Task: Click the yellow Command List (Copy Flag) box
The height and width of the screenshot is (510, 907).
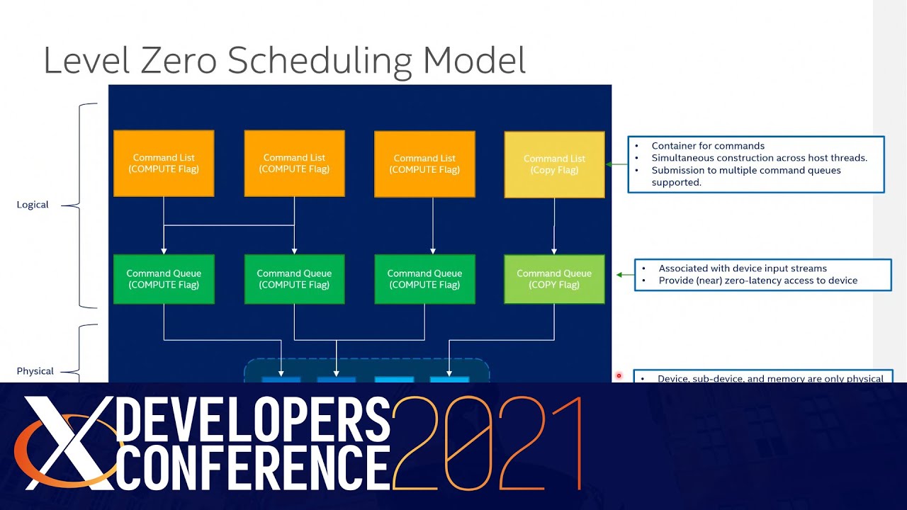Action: click(x=554, y=164)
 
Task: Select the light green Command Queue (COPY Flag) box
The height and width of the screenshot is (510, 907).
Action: click(x=554, y=279)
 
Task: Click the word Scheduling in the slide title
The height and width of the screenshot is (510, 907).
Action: click(x=320, y=60)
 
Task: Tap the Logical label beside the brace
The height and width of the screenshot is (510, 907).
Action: click(x=33, y=205)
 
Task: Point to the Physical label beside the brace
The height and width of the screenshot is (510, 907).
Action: click(x=35, y=371)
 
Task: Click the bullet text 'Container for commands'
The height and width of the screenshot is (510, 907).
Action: click(x=708, y=146)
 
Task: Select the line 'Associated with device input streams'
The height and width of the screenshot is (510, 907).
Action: click(x=743, y=268)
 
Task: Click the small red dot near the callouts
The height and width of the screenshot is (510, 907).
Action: click(x=619, y=376)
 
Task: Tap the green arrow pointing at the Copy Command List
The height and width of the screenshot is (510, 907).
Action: click(x=616, y=164)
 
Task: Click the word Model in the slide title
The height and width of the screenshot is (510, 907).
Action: click(x=474, y=60)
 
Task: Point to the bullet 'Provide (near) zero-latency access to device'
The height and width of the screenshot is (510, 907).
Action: click(x=757, y=280)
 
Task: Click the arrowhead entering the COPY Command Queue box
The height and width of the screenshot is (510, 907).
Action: click(x=554, y=251)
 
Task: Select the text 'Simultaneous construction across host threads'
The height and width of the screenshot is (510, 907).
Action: click(x=759, y=158)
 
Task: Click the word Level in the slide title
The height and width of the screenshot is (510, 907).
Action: click(x=86, y=60)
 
